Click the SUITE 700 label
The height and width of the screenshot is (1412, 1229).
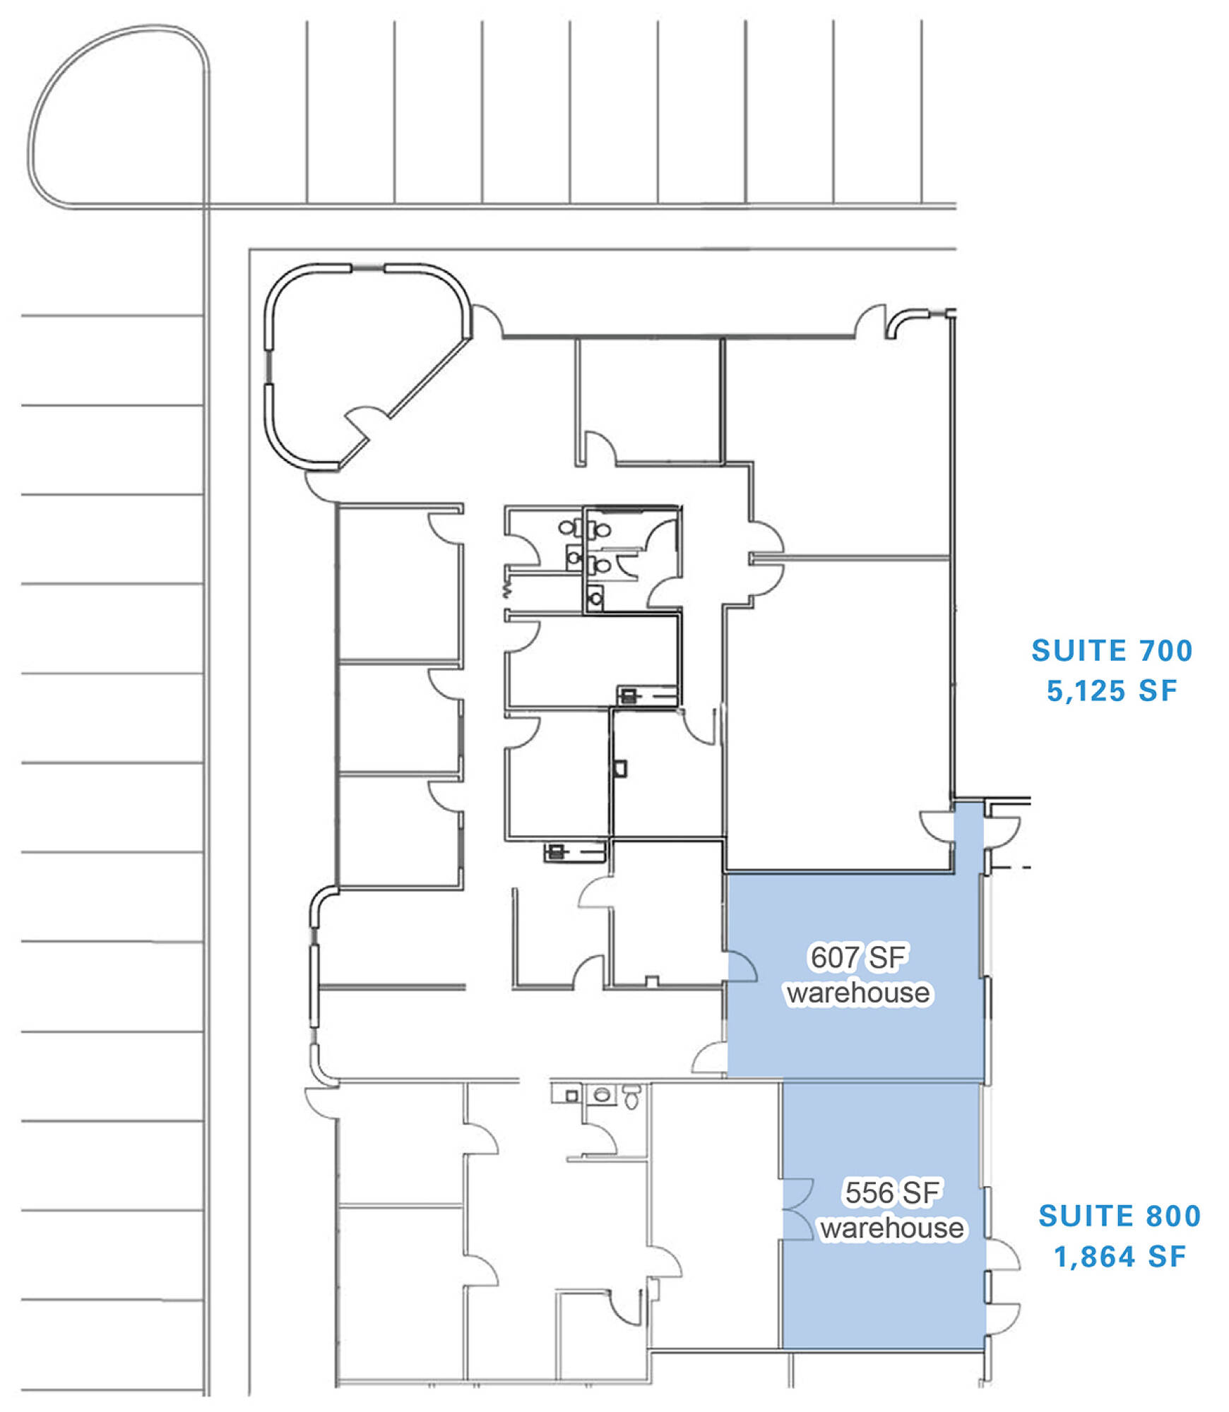coord(1112,650)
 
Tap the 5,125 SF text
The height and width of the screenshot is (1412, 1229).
coord(1112,690)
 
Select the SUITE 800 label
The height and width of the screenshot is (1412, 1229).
coord(1120,1216)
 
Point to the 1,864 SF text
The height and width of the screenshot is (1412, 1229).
coord(1120,1257)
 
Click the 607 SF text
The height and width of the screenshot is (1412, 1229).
coord(858,957)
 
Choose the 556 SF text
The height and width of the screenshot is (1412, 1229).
coord(892,1192)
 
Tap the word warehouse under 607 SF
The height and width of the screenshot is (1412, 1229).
coord(858,993)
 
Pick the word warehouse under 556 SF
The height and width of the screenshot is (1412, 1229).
coord(892,1228)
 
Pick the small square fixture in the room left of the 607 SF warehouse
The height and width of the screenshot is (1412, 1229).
coord(652,981)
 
